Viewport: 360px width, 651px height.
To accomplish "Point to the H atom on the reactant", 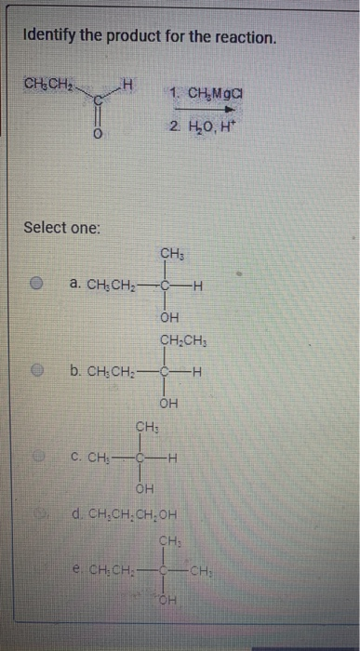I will coord(131,86).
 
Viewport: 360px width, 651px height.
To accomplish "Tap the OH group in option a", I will coord(169,318).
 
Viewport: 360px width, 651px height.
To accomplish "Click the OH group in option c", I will coord(145,489).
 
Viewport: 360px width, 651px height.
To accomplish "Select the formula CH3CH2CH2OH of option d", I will coord(129,513).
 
